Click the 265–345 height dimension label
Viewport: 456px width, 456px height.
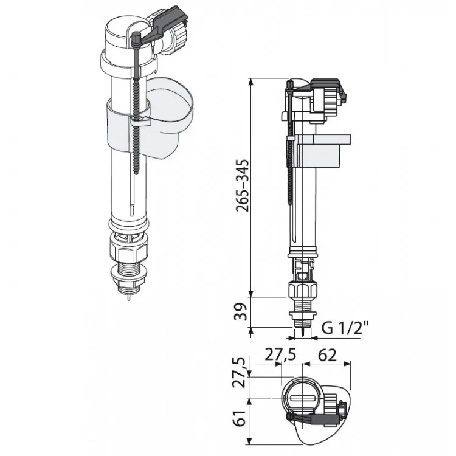[x=243, y=185]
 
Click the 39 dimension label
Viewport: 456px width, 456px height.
[x=241, y=311]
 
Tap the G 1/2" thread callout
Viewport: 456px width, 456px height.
[x=345, y=328]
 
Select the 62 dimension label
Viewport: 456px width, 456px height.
[x=327, y=355]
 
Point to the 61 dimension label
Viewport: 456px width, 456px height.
[x=241, y=418]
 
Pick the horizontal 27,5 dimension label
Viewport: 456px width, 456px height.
[x=280, y=355]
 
